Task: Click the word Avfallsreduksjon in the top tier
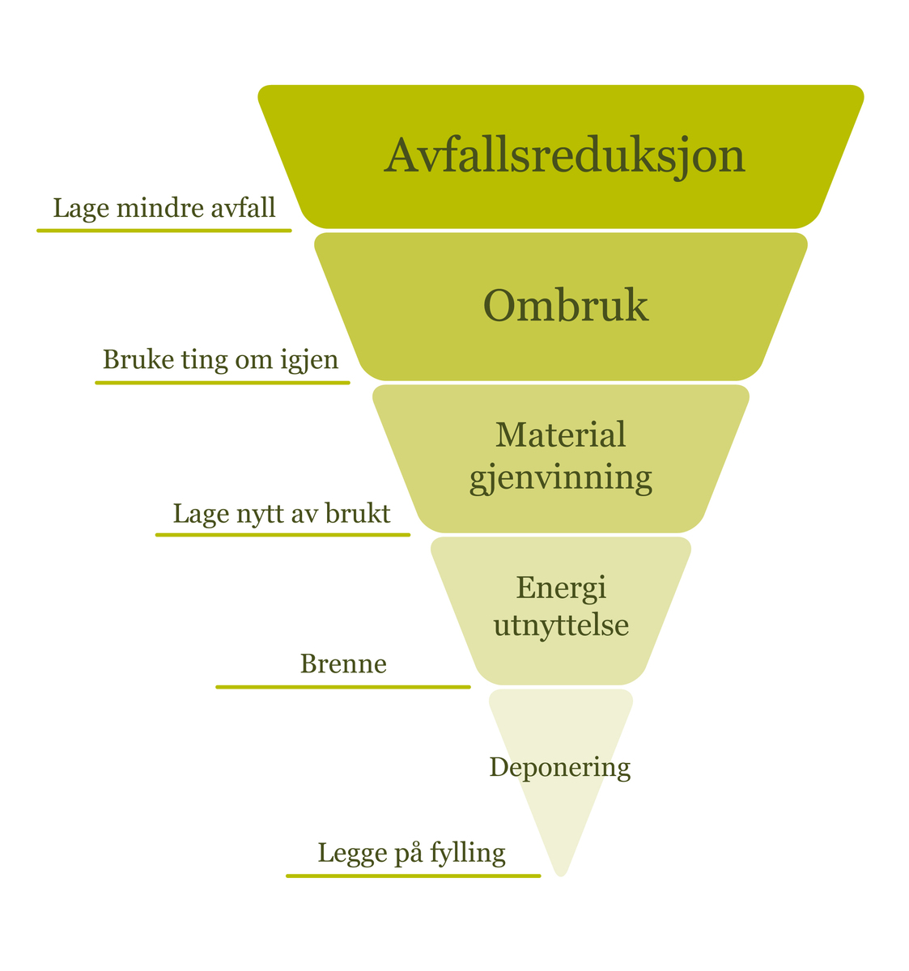(x=564, y=155)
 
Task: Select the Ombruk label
(x=565, y=307)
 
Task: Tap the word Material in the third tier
(x=561, y=435)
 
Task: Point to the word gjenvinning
(x=561, y=477)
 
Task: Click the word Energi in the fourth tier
(x=561, y=587)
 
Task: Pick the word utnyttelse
(x=561, y=625)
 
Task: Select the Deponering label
(x=560, y=767)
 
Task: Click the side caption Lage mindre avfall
(x=164, y=209)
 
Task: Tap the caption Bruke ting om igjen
(x=221, y=359)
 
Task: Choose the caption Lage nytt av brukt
(x=282, y=514)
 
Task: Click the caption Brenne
(x=343, y=664)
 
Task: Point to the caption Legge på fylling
(x=411, y=853)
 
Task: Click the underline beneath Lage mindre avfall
(x=164, y=231)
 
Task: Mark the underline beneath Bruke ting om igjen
(x=223, y=382)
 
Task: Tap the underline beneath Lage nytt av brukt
(x=282, y=535)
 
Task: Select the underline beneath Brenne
(x=343, y=687)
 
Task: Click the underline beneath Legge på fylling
(x=413, y=876)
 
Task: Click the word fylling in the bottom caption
(x=468, y=854)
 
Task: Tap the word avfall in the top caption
(x=244, y=209)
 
